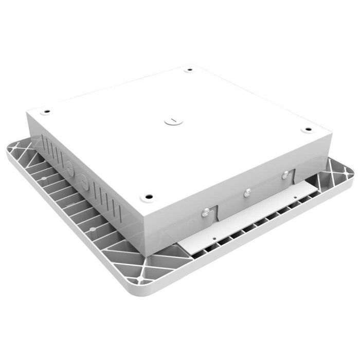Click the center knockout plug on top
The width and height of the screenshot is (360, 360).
tap(173, 121)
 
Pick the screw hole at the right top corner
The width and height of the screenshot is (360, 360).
tap(308, 129)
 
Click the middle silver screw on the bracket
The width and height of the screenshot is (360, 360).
tap(247, 192)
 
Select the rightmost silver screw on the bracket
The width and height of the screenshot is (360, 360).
tap(284, 176)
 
